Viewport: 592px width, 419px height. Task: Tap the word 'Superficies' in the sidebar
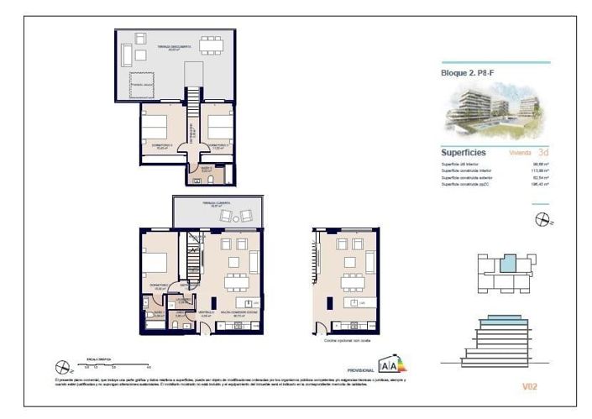pos(465,153)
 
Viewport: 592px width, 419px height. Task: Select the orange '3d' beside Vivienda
pos(543,153)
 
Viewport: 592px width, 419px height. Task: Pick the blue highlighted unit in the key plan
pos(506,264)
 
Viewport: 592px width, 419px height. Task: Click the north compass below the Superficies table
pos(542,220)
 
